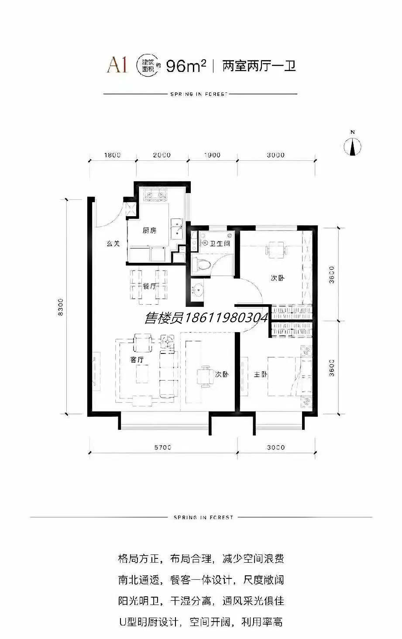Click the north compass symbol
click(353, 146)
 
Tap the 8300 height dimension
click(60, 307)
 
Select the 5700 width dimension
click(163, 447)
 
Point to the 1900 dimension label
click(212, 155)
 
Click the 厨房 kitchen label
click(149, 230)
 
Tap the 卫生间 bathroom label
click(220, 243)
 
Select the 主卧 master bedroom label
click(261, 374)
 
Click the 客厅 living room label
click(137, 360)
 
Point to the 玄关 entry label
click(113, 243)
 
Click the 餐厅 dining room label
click(149, 286)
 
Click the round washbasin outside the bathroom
click(197, 290)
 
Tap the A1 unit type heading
click(117, 66)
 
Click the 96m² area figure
click(186, 66)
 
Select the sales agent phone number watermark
click(207, 317)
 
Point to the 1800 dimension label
click(113, 155)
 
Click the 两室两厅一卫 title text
click(259, 66)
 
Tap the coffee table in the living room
click(142, 374)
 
